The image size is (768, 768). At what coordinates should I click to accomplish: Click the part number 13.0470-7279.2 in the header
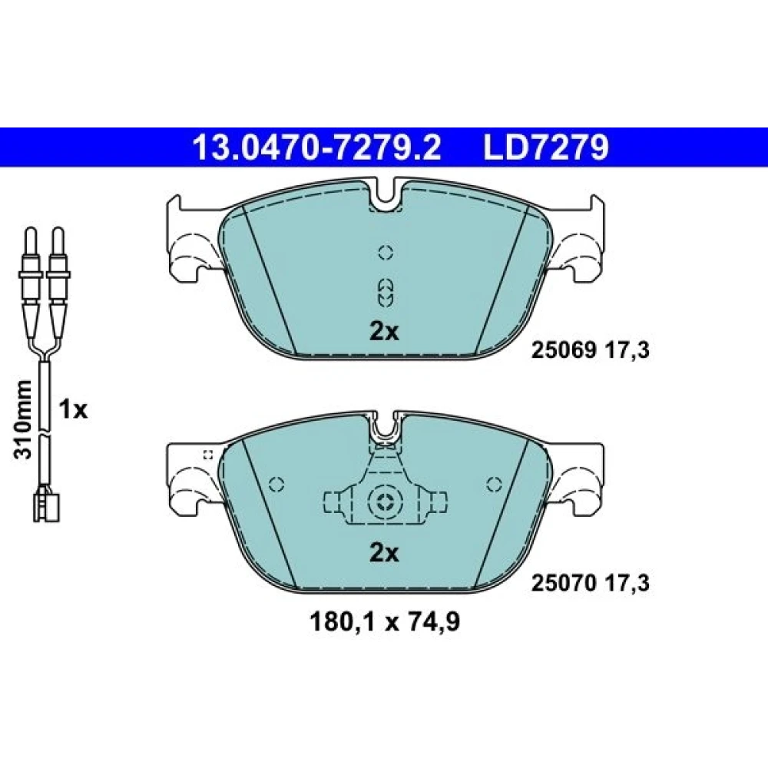coord(317,148)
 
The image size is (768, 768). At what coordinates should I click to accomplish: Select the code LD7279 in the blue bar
coord(546,148)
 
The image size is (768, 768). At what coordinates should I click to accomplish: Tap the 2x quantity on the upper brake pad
coord(384,332)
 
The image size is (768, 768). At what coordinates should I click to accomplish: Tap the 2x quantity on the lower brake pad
coord(384,554)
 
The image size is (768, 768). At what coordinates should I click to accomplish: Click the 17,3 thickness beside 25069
coord(628,350)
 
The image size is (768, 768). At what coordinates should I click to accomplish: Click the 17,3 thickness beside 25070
coord(628,583)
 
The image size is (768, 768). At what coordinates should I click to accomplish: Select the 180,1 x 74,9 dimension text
coord(385,623)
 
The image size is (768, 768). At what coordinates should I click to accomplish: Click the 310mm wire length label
coord(23,419)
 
